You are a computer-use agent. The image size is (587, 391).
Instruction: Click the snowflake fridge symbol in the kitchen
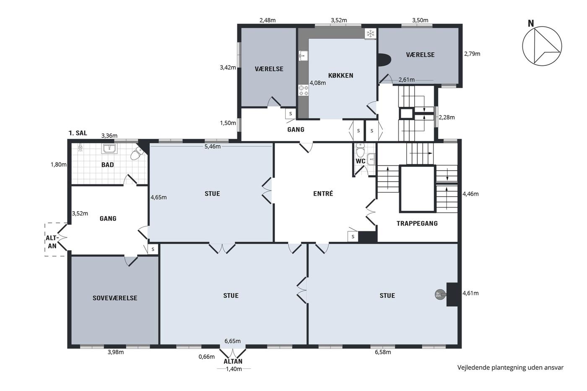tap(370, 34)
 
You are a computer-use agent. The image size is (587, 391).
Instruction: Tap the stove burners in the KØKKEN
tap(303, 91)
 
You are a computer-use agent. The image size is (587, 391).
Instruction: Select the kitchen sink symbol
tap(303, 56)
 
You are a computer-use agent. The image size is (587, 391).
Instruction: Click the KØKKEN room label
tap(340, 75)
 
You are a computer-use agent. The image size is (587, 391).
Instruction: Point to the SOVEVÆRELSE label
tap(115, 298)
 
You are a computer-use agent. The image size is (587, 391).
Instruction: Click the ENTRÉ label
tap(323, 194)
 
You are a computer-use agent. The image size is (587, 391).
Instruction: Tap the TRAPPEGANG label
tap(417, 223)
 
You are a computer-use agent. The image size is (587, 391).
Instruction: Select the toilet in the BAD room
tap(137, 153)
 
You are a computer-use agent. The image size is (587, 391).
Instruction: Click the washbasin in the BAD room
tap(109, 149)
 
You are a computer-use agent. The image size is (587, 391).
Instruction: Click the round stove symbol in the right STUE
tap(440, 294)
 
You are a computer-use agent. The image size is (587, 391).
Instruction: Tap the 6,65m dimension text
tap(232, 341)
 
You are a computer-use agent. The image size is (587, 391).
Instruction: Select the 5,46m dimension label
tap(212, 146)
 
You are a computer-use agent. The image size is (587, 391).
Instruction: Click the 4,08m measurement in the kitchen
tap(318, 83)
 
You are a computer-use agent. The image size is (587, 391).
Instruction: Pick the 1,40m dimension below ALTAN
tap(234, 369)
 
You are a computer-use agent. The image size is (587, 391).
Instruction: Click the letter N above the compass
tap(531, 23)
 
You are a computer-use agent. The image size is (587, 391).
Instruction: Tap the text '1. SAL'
tap(78, 133)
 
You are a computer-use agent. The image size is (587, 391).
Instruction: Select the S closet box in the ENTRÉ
tap(353, 236)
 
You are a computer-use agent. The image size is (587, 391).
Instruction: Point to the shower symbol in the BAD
tap(81, 148)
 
